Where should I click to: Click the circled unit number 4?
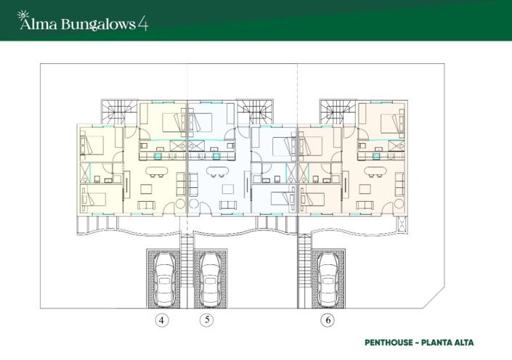161,320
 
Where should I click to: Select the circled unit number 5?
208,320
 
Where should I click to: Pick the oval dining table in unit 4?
156,172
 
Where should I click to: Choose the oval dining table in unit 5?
217,172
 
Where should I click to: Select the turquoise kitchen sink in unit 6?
376,155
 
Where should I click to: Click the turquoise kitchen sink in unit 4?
158,155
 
